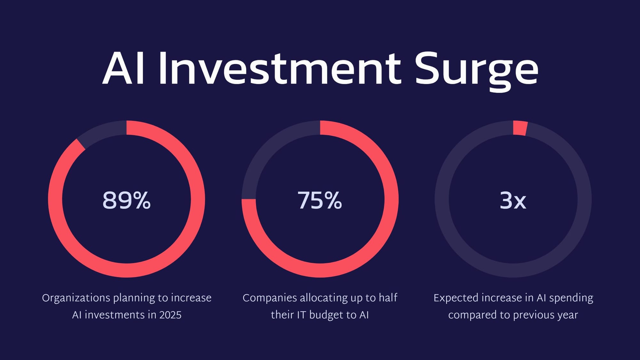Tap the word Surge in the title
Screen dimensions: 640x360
point(476,72)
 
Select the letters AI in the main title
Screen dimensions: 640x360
point(123,68)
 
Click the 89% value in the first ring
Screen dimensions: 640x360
point(126,200)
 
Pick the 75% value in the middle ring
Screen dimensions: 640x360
point(320,200)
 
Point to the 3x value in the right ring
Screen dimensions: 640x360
point(513,200)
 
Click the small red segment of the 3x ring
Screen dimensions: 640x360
point(520,128)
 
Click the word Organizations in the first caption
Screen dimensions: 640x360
point(76,298)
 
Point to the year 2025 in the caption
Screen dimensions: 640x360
point(170,315)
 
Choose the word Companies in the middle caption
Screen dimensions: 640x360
point(270,298)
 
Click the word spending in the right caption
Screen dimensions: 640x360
point(571,298)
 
